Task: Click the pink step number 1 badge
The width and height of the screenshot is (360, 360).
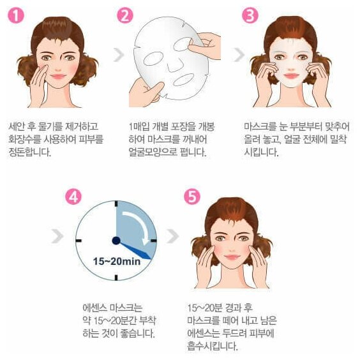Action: click(16, 15)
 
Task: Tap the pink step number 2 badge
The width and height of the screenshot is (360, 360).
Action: click(125, 15)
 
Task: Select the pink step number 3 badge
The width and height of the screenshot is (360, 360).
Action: click(250, 15)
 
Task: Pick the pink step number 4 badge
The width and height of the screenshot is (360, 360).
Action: click(73, 197)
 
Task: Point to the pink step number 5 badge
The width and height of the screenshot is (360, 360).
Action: click(192, 197)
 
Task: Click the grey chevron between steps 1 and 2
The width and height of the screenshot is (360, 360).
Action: click(119, 55)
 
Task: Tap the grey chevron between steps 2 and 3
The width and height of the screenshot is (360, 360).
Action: click(239, 55)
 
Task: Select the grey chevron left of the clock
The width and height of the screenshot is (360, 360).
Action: click(57, 236)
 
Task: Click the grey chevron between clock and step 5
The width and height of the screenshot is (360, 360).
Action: click(173, 236)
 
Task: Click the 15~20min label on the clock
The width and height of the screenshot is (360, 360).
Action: click(117, 261)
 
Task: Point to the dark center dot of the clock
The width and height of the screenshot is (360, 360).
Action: click(116, 241)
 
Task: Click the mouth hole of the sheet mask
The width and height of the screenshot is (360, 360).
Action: click(184, 80)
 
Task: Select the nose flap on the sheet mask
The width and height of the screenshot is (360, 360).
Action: click(176, 66)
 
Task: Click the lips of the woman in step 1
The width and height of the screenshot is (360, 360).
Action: click(58, 76)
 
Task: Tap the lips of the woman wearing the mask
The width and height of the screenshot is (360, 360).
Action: click(291, 76)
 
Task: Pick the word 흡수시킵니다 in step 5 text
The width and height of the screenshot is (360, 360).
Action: click(212, 346)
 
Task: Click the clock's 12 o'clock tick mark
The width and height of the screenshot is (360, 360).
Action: click(116, 204)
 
